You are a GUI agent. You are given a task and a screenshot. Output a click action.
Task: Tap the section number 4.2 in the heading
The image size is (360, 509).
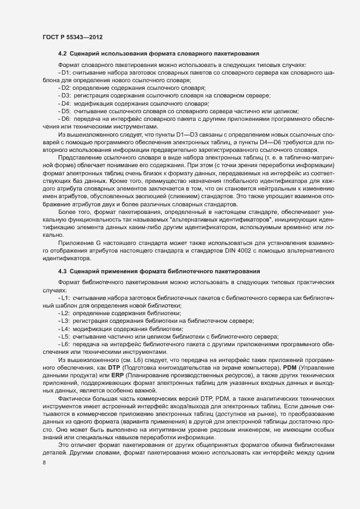pyautogui.click(x=63, y=53)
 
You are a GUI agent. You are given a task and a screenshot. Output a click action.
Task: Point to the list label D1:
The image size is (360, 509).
pyautogui.click(x=66, y=72)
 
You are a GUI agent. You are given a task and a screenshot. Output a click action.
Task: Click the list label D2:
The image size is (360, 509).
pyautogui.click(x=66, y=88)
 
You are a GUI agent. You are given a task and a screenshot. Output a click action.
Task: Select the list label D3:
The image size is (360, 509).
pyautogui.click(x=66, y=95)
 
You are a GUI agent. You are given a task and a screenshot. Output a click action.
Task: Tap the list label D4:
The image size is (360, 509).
pyautogui.click(x=66, y=103)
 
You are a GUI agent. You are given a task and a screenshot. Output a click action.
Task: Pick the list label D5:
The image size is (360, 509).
pyautogui.click(x=66, y=111)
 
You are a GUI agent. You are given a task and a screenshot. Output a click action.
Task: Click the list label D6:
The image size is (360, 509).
pyautogui.click(x=66, y=119)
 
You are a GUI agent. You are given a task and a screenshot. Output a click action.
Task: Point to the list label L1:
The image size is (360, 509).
pyautogui.click(x=65, y=299)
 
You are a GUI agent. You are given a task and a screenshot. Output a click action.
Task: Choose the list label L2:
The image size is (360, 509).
pyautogui.click(x=65, y=314)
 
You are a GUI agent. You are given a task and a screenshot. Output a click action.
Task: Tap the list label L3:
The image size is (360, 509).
pyautogui.click(x=65, y=322)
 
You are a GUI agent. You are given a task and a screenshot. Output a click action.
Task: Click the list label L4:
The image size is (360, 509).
pyautogui.click(x=65, y=329)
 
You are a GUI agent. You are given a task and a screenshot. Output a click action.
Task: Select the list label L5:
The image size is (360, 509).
pyautogui.click(x=65, y=337)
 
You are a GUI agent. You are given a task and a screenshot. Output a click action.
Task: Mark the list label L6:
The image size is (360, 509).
pyautogui.click(x=65, y=345)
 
